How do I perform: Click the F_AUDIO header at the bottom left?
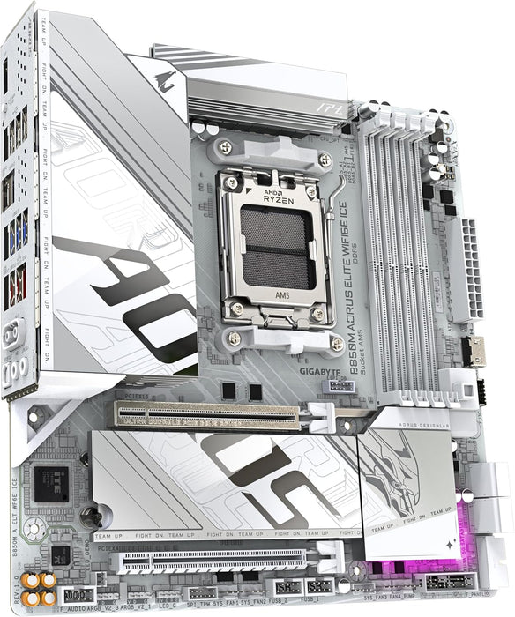pos(76,594)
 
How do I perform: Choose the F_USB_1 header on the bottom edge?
pos(319,585)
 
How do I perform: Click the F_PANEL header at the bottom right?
pos(450,581)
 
